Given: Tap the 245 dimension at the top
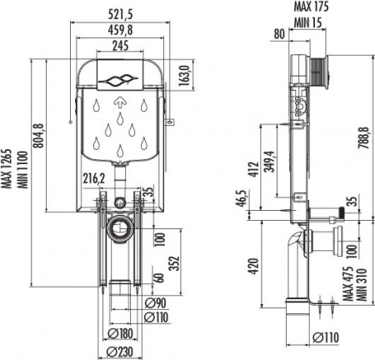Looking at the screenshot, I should pyautogui.click(x=122, y=46).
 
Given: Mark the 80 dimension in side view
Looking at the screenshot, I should pyautogui.click(x=277, y=34).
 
